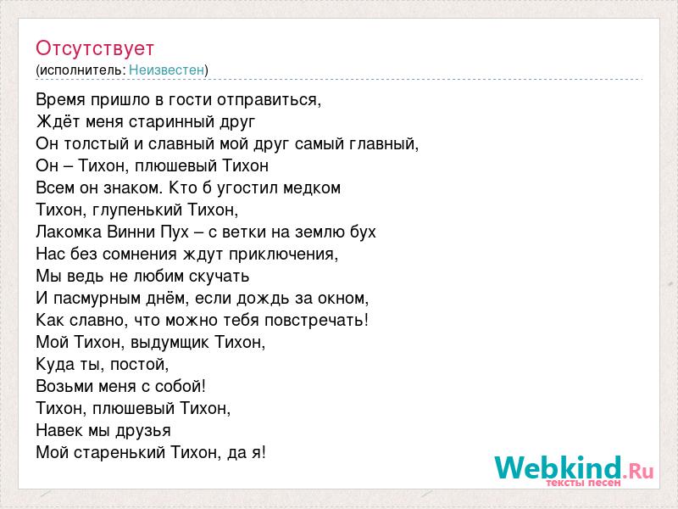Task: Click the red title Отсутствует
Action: click(x=95, y=48)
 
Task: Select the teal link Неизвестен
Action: click(x=166, y=70)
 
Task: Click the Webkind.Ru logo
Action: click(x=574, y=471)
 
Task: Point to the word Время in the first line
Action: click(x=61, y=100)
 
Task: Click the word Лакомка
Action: click(x=69, y=232)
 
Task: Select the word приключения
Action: click(x=283, y=254)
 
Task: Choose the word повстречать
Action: click(x=316, y=321)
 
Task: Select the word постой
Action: click(x=139, y=365)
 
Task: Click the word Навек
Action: click(x=59, y=431)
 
